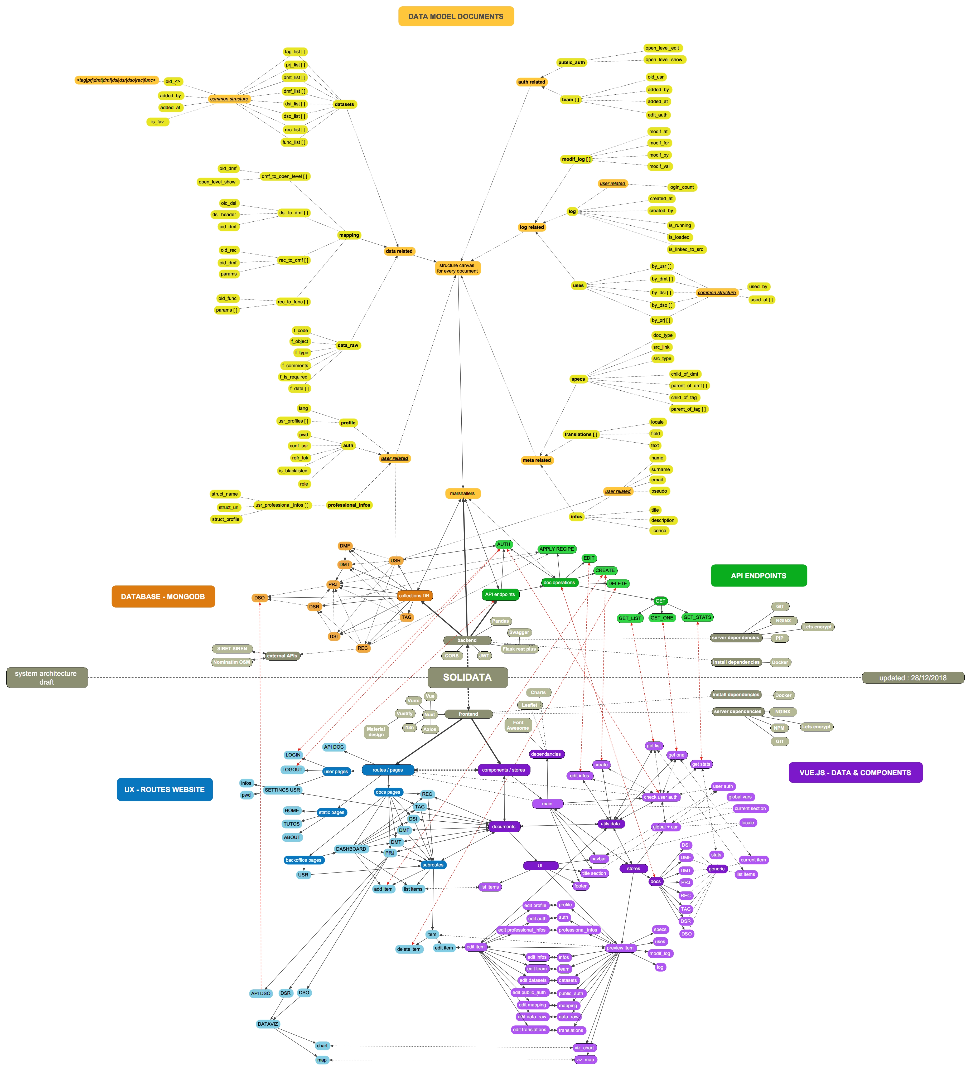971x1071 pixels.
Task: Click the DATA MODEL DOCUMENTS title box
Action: pyautogui.click(x=456, y=16)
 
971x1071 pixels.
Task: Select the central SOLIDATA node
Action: pyautogui.click(x=467, y=677)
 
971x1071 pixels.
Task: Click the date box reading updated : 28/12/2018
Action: pyautogui.click(x=912, y=678)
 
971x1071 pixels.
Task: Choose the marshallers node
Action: pyautogui.click(x=462, y=493)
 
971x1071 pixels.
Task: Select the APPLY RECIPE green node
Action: pyautogui.click(x=557, y=549)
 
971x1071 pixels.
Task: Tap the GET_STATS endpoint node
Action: pyautogui.click(x=697, y=617)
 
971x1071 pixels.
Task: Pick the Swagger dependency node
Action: pyautogui.click(x=519, y=632)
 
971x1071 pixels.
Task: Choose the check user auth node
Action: pyautogui.click(x=661, y=797)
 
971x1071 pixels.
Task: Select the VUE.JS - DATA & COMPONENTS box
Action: pyautogui.click(x=855, y=772)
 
